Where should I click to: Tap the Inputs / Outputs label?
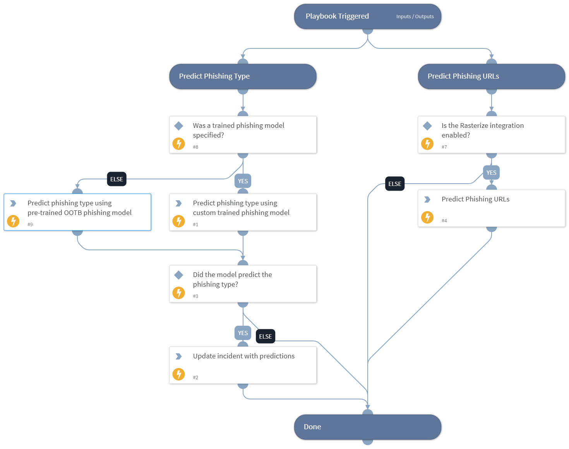point(415,17)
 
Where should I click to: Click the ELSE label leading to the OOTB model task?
point(117,179)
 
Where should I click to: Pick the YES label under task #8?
point(243,181)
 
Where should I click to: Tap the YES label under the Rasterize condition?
point(491,173)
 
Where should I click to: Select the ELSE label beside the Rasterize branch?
point(395,184)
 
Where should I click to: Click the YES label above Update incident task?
point(243,333)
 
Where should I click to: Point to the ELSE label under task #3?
point(266,337)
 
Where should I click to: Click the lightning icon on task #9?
point(13,221)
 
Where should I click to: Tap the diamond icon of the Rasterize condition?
point(427,126)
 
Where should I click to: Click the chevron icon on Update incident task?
point(178,356)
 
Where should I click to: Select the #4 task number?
point(444,221)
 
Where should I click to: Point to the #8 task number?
point(195,147)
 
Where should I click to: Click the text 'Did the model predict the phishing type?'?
point(232,279)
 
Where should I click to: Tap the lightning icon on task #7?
point(427,144)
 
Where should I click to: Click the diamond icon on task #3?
point(178,275)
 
